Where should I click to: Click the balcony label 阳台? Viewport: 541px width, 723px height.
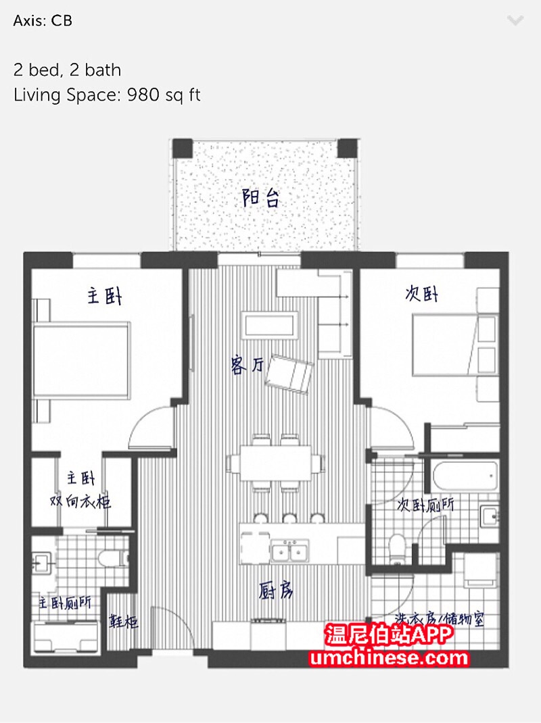261,198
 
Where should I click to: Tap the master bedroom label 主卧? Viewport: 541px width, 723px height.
105,295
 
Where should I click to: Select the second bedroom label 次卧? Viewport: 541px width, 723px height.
421,293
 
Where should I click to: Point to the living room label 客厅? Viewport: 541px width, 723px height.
247,366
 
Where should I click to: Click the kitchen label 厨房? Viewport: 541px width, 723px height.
276,590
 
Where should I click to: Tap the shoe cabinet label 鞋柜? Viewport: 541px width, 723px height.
123,621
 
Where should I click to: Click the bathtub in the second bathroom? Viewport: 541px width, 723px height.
465,476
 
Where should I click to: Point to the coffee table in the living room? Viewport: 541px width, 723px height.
270,326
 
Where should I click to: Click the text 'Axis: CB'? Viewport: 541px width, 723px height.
43,21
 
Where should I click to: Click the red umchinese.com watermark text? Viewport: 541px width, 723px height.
389,657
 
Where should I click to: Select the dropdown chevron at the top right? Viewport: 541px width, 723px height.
515,20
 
